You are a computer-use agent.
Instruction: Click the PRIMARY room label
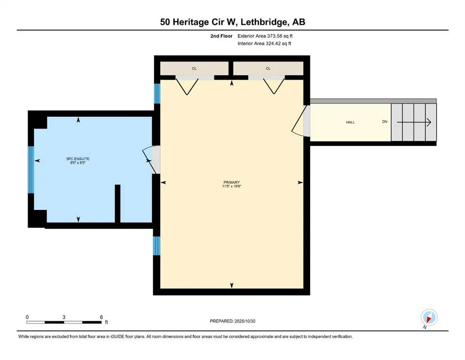click(231, 182)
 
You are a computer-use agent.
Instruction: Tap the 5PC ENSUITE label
click(78, 159)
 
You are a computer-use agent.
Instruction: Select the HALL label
click(350, 122)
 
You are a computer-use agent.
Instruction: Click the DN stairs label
click(385, 122)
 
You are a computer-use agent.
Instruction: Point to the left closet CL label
click(194, 68)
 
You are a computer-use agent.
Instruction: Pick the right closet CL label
click(268, 68)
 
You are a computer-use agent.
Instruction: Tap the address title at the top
click(232, 22)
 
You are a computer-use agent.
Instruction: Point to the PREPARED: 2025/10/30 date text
click(232, 321)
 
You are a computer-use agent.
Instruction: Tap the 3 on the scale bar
click(64, 317)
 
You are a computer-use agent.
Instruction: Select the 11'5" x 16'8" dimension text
click(231, 187)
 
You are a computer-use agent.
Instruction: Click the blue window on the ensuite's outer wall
click(31, 170)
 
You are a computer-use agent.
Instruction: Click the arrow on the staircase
click(414, 122)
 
